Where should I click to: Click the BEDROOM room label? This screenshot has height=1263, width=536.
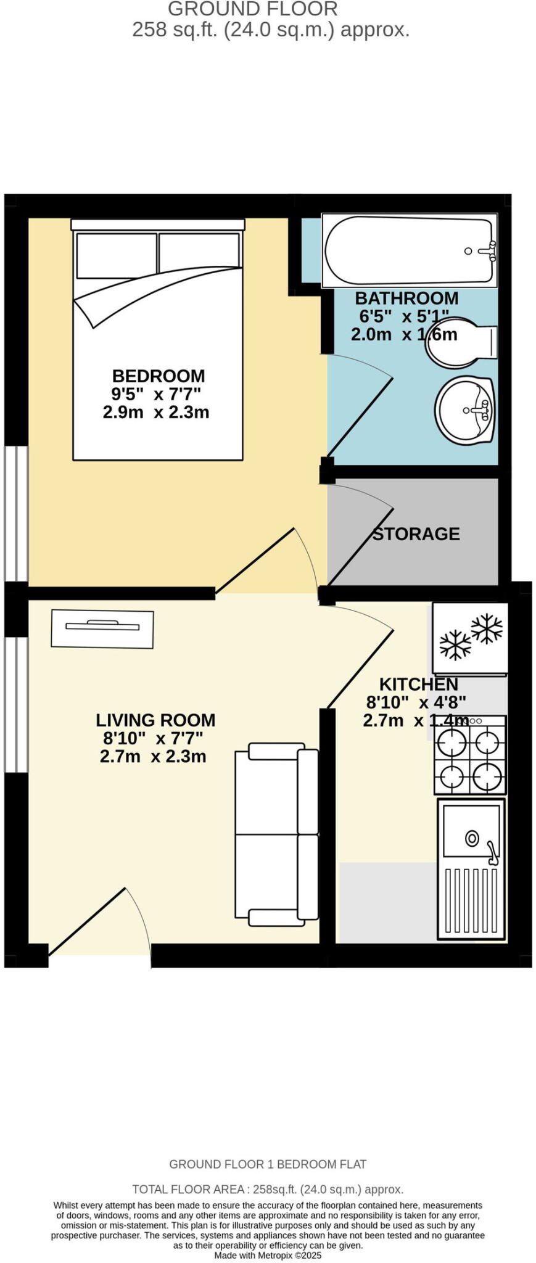coord(159,376)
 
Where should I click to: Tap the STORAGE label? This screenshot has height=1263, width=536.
coord(416,533)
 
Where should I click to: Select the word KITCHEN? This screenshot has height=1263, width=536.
coord(418,684)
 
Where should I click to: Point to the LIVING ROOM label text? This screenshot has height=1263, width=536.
coord(155,720)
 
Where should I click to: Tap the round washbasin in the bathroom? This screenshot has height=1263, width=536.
coord(465,410)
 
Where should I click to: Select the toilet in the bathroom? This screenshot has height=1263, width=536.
coord(461,343)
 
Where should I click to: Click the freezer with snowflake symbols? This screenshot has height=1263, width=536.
coord(470,638)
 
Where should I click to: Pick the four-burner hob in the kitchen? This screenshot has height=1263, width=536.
coord(470,755)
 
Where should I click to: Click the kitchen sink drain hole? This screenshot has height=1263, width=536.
coord(472,838)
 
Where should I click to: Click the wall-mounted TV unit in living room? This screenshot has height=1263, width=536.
coord(102,628)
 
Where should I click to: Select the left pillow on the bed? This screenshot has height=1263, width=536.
coord(116,255)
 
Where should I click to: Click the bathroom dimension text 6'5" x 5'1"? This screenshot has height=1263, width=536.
coord(404,316)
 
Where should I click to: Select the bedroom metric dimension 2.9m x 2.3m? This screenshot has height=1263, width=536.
coord(156,412)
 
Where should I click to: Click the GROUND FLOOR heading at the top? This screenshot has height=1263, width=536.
coord(253,9)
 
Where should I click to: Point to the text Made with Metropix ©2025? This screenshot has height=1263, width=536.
coord(268,1255)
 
